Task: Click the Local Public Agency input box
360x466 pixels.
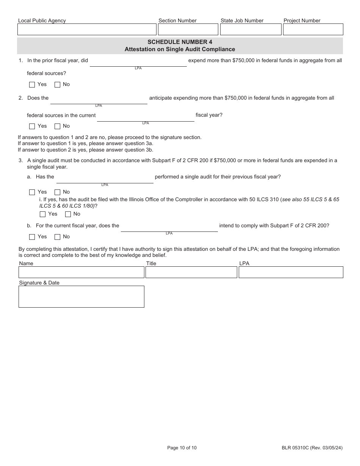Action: click(x=87, y=30)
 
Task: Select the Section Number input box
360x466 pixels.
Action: click(x=188, y=30)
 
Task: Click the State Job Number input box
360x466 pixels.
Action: click(x=250, y=30)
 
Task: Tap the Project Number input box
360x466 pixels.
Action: click(x=313, y=30)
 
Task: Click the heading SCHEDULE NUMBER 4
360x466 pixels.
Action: click(x=180, y=42)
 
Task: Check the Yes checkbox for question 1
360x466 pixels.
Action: click(x=32, y=84)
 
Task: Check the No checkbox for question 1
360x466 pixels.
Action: click(x=58, y=84)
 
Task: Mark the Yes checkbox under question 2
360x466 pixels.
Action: click(x=32, y=126)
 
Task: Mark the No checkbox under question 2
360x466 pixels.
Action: click(x=58, y=126)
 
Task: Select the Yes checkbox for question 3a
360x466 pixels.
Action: click(x=32, y=192)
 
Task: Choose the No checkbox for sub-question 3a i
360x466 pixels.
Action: click(x=68, y=214)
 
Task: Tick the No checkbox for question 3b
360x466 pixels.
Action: click(x=58, y=237)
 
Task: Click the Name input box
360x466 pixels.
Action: click(x=81, y=272)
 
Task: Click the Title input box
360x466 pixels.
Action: click(x=191, y=272)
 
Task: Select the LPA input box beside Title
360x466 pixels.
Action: click(x=291, y=272)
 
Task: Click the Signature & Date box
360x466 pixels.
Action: click(x=81, y=296)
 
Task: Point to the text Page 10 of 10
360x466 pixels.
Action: click(x=182, y=448)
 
